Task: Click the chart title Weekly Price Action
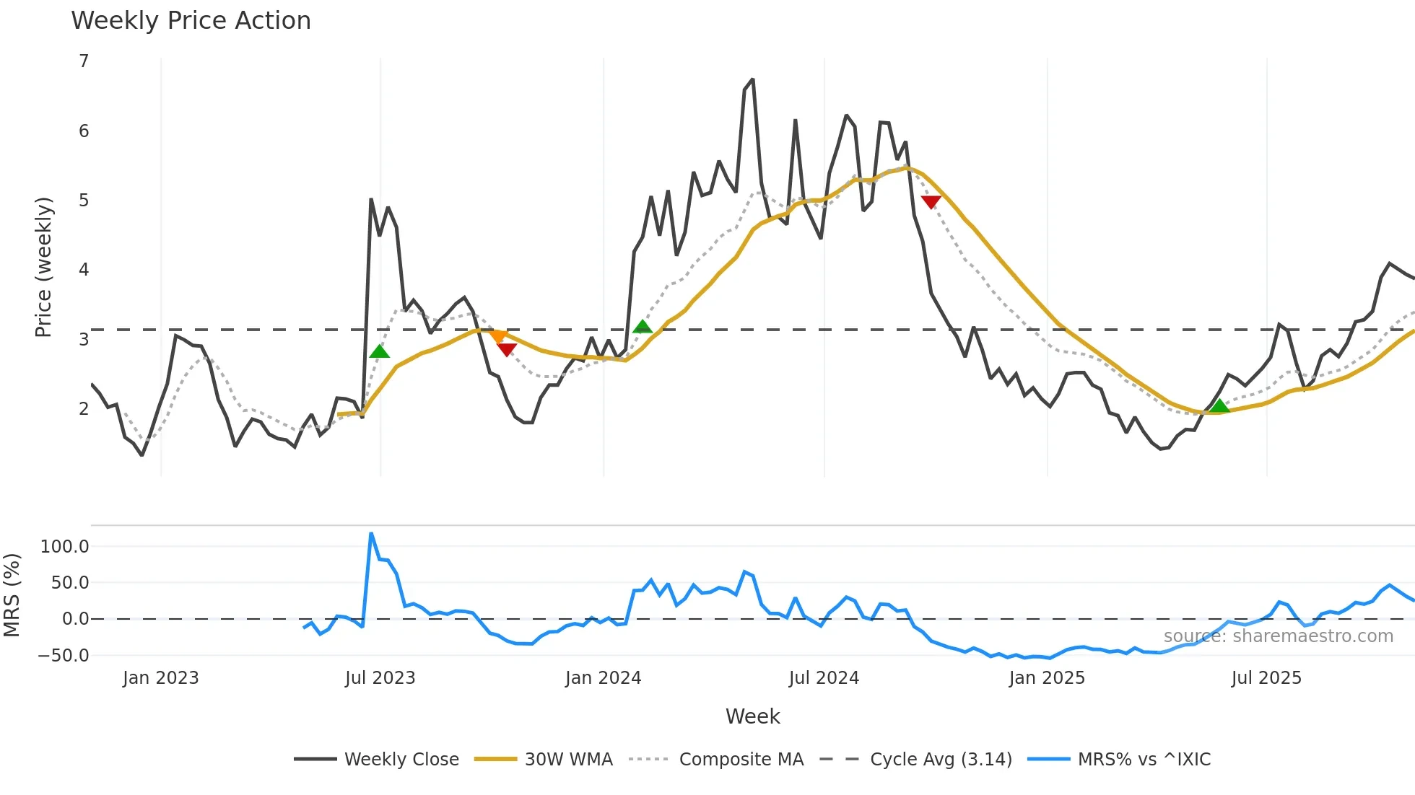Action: point(191,21)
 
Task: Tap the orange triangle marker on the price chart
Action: point(497,336)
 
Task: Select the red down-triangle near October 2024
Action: point(931,202)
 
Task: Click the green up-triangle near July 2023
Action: point(379,351)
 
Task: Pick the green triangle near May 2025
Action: point(1219,406)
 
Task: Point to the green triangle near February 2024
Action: point(642,328)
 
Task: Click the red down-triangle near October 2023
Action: point(507,350)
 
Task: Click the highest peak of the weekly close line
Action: point(752,80)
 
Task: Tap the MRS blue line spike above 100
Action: point(371,535)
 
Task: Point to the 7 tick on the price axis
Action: point(84,61)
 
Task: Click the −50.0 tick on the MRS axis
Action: point(64,656)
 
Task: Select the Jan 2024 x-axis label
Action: point(603,678)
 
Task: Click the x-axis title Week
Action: point(752,716)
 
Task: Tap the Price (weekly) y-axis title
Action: point(43,267)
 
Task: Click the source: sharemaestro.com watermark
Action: point(1278,636)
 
